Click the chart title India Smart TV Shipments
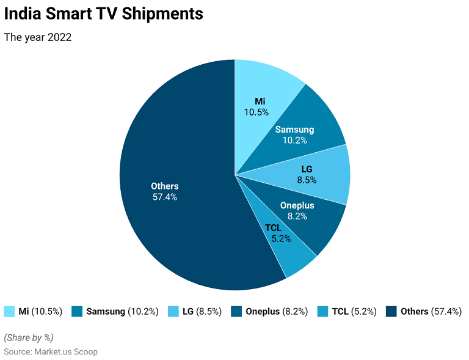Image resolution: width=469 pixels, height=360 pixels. coord(104,13)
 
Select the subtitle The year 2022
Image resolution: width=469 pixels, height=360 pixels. coord(38,37)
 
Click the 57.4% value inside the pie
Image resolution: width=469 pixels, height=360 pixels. coord(164,197)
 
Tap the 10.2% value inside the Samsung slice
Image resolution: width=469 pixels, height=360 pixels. coord(294,140)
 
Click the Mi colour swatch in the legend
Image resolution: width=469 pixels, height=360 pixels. coord(9,311)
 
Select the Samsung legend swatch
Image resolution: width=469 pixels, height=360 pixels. coord(77,311)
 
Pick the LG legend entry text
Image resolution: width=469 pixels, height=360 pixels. coord(202,311)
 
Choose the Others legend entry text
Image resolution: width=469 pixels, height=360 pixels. coord(431,311)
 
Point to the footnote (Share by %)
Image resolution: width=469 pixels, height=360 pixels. coord(29,337)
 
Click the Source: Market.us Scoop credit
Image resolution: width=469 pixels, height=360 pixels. coord(51,351)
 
